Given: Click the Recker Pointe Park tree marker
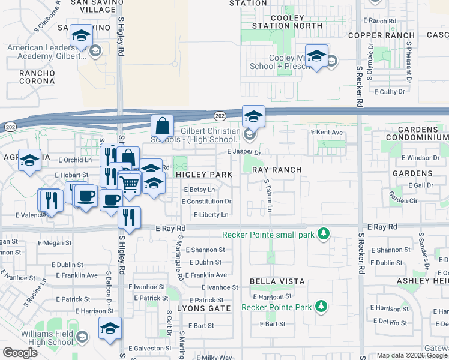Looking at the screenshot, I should tap(322, 307).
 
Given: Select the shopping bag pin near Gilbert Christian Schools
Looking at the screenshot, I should tap(162, 127).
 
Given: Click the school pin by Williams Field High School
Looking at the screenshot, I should tap(110, 329).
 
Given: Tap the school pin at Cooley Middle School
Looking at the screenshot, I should tap(316, 56).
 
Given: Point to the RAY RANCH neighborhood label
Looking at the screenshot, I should tap(276, 170).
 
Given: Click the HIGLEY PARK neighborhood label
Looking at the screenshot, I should tap(204, 175).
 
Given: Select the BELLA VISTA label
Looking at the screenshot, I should tap(277, 281).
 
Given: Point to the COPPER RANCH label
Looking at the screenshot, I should tap(377, 35).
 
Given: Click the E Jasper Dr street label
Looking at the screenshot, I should tap(244, 152).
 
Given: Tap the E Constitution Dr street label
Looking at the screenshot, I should tap(206, 202).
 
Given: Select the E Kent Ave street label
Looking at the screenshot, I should tap(327, 132).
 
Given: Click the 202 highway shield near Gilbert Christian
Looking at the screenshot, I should tap(220, 115).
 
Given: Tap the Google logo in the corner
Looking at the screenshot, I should tap(20, 353).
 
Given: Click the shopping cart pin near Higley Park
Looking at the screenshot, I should tap(129, 184).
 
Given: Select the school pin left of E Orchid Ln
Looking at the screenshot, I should tap(30, 161).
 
